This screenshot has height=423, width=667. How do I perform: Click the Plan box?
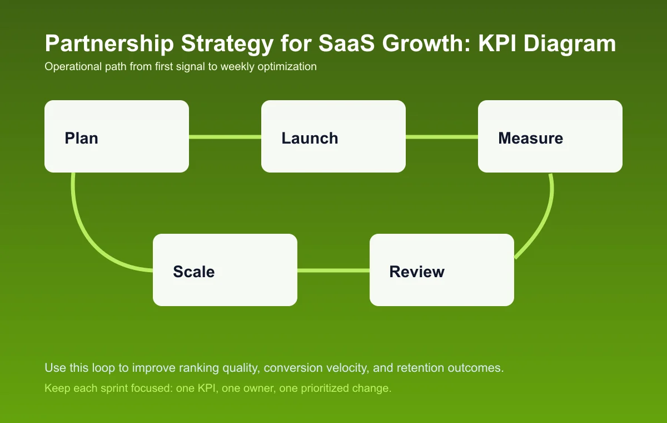click(x=117, y=136)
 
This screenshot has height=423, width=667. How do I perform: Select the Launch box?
click(x=333, y=136)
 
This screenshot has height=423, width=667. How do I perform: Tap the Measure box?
click(x=550, y=136)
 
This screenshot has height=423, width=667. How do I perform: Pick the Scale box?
click(x=225, y=270)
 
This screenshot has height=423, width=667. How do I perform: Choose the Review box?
click(x=442, y=270)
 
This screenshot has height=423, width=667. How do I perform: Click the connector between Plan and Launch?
click(x=225, y=137)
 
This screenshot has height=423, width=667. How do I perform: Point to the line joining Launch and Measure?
click(x=442, y=137)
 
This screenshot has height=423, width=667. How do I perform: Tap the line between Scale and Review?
click(x=333, y=270)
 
